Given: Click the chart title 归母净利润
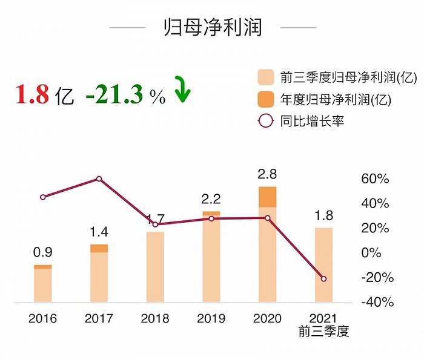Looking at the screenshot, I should point(213,27).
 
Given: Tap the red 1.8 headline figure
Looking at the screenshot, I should point(32,95).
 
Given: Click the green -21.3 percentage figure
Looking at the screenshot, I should point(116,95).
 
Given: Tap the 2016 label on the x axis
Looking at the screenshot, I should point(42,318).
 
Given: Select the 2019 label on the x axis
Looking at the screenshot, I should point(211,318).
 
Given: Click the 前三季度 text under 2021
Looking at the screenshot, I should point(324,332).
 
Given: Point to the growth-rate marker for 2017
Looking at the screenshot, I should point(99,179).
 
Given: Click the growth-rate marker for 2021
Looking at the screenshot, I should point(323,279).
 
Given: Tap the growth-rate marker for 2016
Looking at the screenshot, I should point(42,197).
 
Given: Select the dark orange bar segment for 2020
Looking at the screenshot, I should point(267,197).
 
